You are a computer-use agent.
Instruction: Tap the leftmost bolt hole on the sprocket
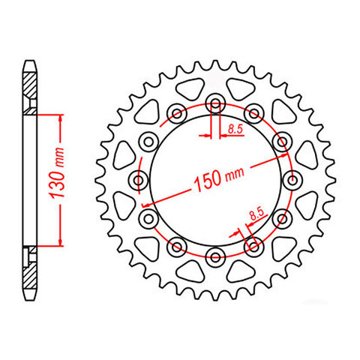tap(140, 178)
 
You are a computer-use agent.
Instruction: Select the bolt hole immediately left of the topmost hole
tap(178, 114)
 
